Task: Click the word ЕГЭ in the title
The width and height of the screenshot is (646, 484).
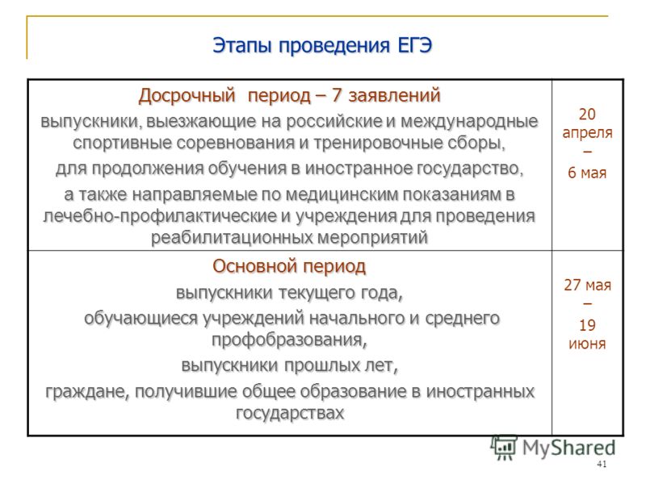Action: pyautogui.click(x=414, y=45)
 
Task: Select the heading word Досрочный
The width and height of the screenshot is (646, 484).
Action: pyautogui.click(x=187, y=96)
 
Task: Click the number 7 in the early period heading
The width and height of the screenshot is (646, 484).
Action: pyautogui.click(x=337, y=95)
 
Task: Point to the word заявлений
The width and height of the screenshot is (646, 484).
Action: pyautogui.click(x=394, y=96)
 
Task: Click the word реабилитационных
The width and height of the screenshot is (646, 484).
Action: pyautogui.click(x=229, y=238)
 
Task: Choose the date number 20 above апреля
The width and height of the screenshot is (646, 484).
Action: pyautogui.click(x=587, y=114)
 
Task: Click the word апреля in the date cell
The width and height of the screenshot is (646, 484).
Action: pyautogui.click(x=587, y=133)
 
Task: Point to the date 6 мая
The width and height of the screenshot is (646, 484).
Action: pyautogui.click(x=587, y=173)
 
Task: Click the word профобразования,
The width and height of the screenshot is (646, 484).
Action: pyautogui.click(x=289, y=340)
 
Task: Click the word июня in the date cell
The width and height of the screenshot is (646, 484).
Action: pyautogui.click(x=587, y=344)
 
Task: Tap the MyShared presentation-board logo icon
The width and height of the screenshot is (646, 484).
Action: pyautogui.click(x=504, y=448)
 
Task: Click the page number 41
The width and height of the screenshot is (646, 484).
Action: pyautogui.click(x=602, y=465)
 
